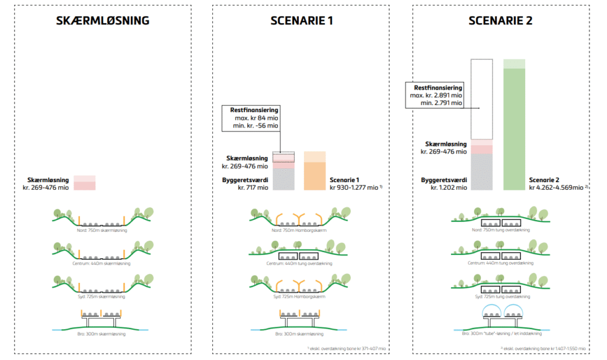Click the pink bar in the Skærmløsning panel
click(x=84, y=183)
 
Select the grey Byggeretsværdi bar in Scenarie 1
click(x=283, y=180)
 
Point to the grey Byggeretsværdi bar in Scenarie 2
click(x=481, y=172)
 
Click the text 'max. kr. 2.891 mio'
click(x=436, y=95)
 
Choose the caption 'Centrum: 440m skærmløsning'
click(x=102, y=263)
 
